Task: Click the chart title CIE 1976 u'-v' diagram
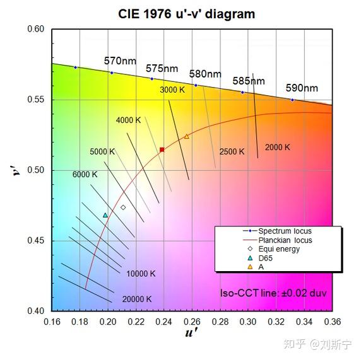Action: [x=187, y=14]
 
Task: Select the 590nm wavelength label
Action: [x=302, y=88]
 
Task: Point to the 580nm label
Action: [x=205, y=74]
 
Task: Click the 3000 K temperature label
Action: [x=172, y=90]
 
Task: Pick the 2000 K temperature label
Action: [x=278, y=148]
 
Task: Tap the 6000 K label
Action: [x=85, y=174]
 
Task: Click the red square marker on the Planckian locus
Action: [x=162, y=149]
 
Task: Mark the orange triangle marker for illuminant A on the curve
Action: [x=186, y=136]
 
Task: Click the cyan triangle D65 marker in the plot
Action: [x=105, y=215]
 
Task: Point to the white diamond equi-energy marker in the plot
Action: [x=123, y=207]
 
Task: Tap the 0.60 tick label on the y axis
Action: [x=36, y=29]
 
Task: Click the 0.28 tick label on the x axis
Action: [x=221, y=321]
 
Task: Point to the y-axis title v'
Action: [x=19, y=170]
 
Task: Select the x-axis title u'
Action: [x=191, y=334]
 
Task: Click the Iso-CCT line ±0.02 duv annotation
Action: [x=273, y=293]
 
